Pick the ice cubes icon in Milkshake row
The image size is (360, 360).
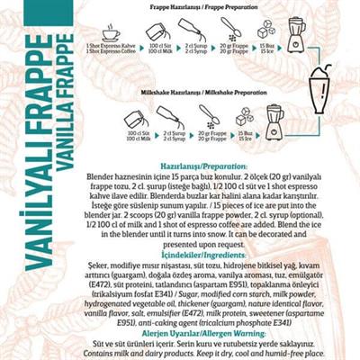click(x=244, y=116)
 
